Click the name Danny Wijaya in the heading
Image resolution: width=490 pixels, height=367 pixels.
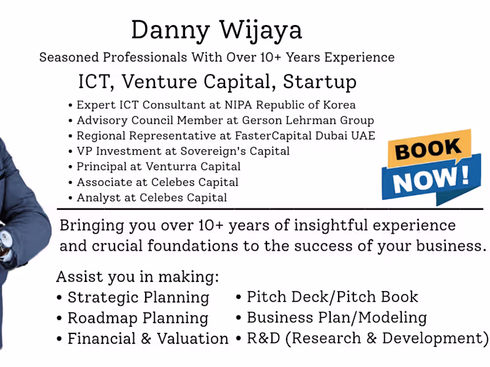coord(216,30)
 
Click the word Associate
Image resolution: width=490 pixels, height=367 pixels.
coord(100,182)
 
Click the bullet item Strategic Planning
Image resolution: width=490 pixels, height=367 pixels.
coord(138,298)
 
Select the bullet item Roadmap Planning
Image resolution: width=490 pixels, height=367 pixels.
coord(137,318)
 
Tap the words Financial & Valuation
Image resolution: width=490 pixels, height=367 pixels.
coord(148,338)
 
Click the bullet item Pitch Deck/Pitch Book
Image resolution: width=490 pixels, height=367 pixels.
coord(332,297)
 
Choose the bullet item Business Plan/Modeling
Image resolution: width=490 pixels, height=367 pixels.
coord(336,317)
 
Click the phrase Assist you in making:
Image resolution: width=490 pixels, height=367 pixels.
coord(137,276)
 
